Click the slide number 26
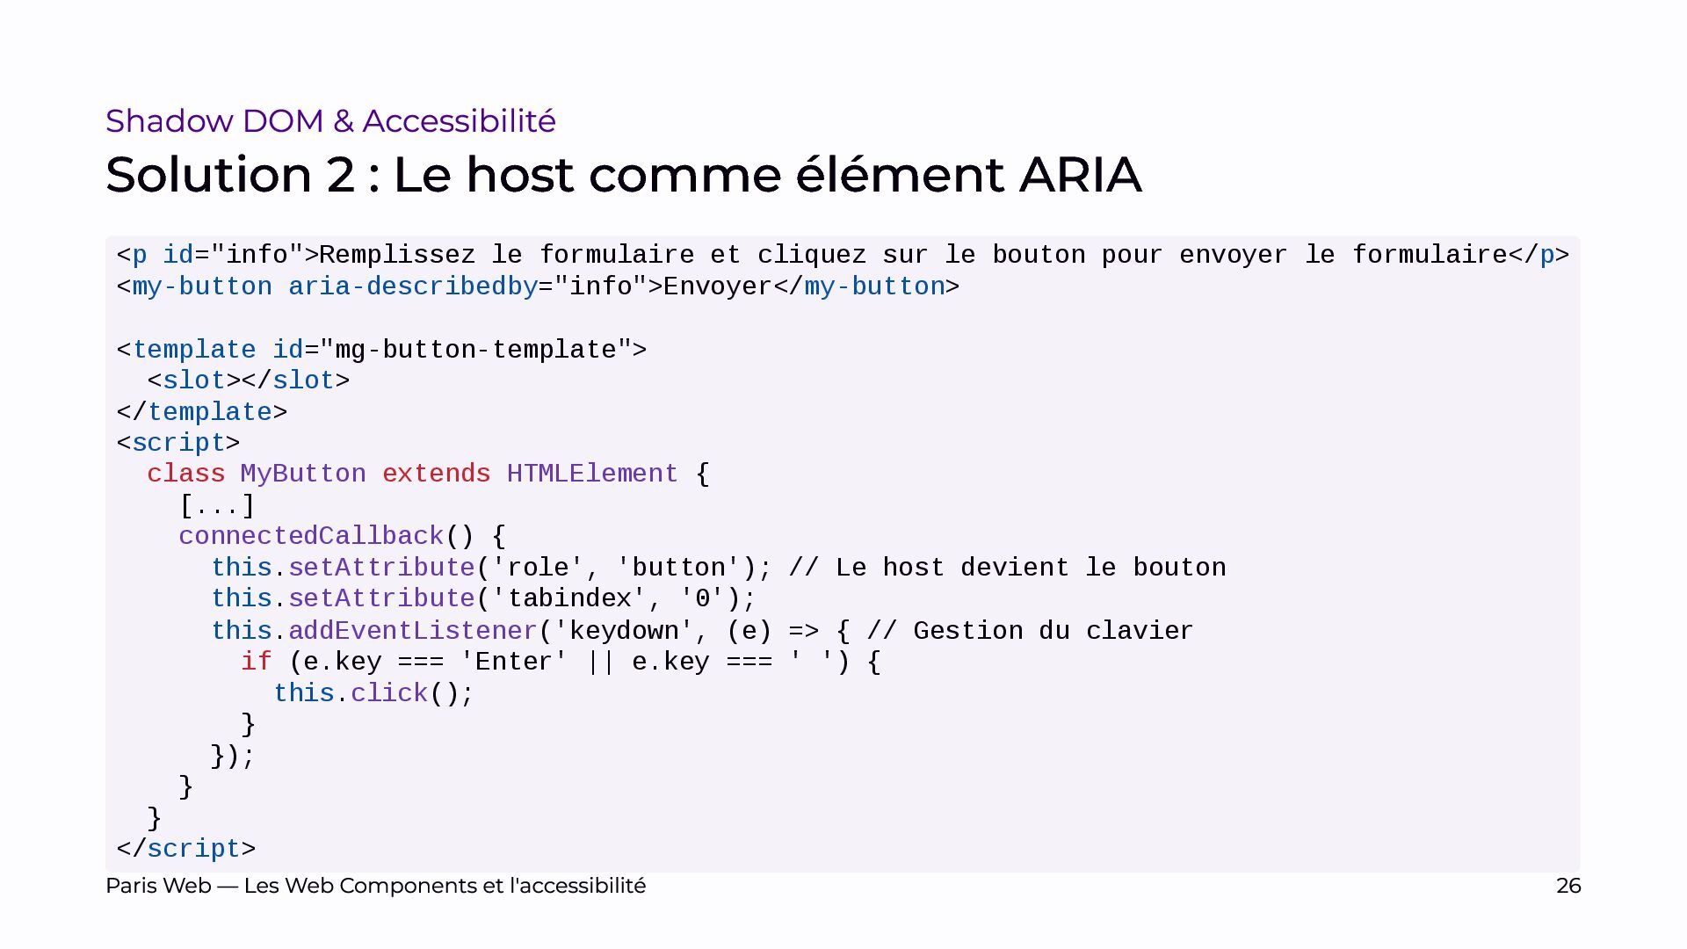tap(1568, 886)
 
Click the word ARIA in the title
tap(1080, 174)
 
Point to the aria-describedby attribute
tap(413, 287)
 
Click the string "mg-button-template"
tap(475, 350)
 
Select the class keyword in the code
tap(186, 474)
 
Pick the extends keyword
tap(436, 474)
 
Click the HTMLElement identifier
tap(592, 474)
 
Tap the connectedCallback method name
tap(311, 537)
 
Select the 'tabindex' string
tap(569, 599)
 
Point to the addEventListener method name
tap(413, 631)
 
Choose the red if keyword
tap(257, 662)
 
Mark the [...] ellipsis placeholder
tap(217, 506)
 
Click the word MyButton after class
tap(303, 474)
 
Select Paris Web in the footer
tap(158, 886)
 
